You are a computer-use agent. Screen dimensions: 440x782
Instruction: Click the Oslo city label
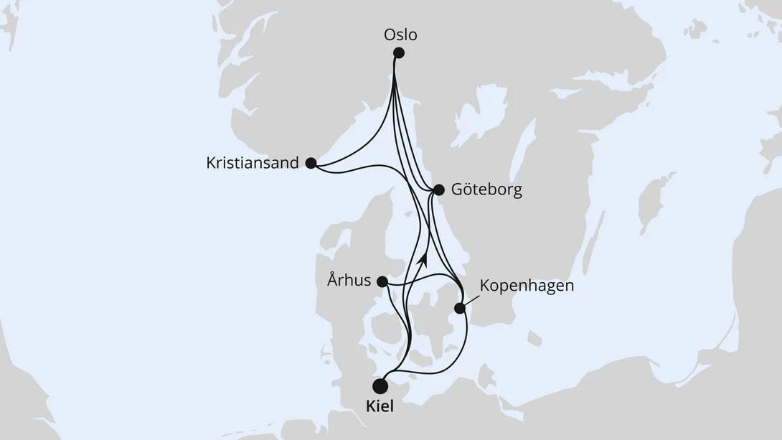pos(400,34)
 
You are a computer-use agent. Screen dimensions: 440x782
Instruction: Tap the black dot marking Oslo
pos(399,52)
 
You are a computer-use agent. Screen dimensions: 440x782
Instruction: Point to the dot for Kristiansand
pos(311,163)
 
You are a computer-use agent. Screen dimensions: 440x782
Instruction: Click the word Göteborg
pos(487,190)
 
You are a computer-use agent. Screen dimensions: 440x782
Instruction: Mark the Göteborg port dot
pos(439,190)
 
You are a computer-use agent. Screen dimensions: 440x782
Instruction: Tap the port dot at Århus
pos(383,282)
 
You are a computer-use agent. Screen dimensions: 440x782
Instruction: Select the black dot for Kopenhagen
pos(460,309)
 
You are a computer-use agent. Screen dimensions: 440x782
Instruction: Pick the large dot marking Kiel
pos(380,386)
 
